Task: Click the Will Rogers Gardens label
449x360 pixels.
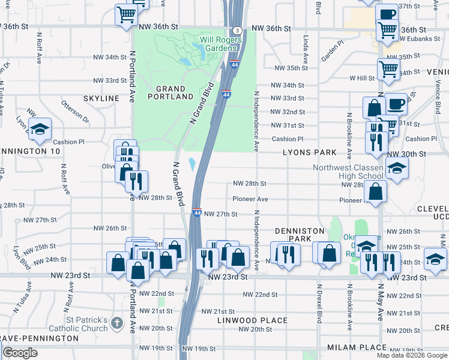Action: pos(221,44)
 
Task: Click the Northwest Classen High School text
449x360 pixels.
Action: pos(348,172)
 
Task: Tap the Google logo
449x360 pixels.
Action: pos(20,353)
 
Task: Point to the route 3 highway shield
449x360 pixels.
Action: pos(238,30)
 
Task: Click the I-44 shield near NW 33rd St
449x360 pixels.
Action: pos(226,94)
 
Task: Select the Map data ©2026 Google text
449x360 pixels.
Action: pos(412,355)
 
